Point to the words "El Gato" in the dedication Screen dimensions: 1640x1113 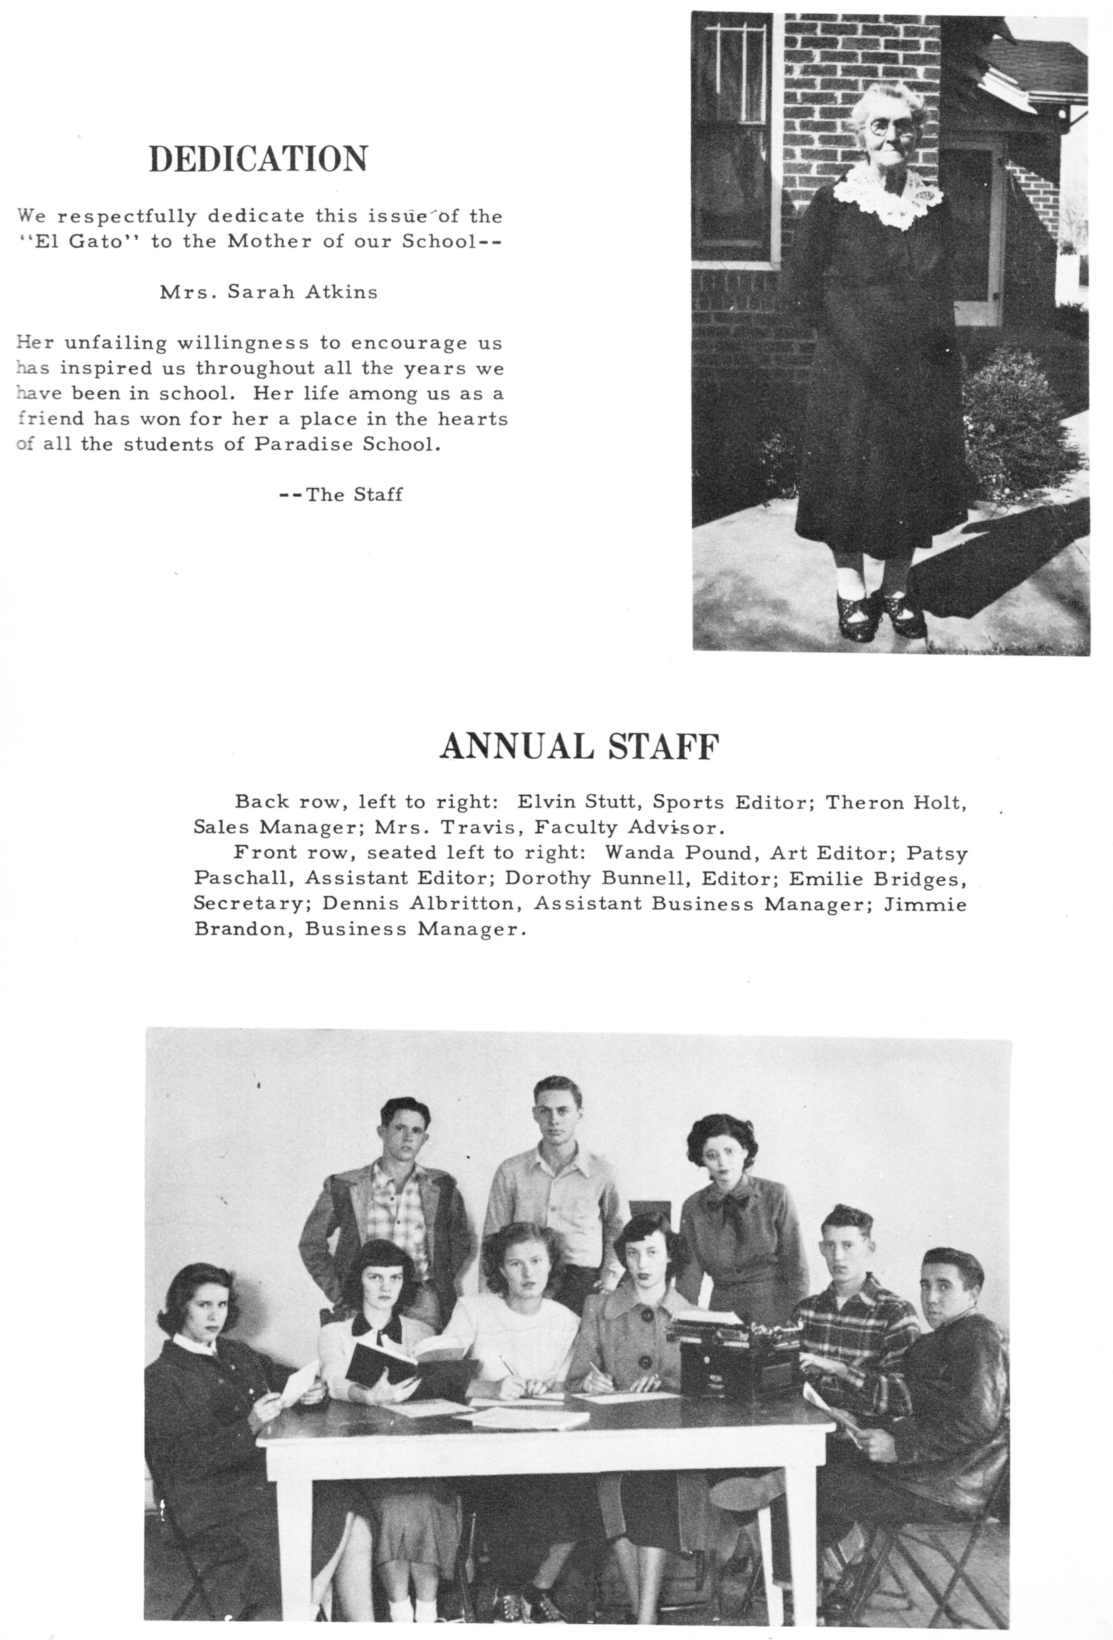pos(85,241)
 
